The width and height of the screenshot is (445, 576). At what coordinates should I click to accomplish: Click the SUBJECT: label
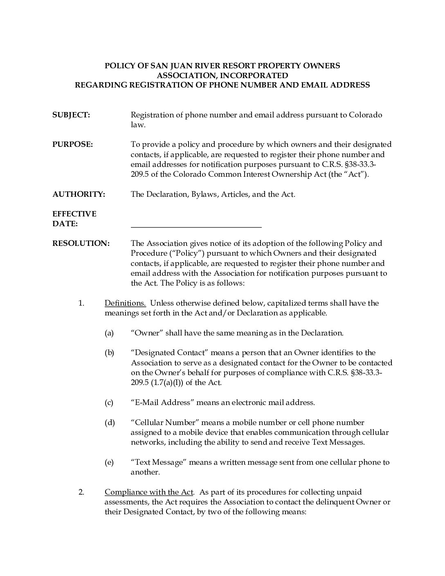pyautogui.click(x=71, y=115)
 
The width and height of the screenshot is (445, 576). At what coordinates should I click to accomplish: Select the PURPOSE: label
pyautogui.click(x=73, y=144)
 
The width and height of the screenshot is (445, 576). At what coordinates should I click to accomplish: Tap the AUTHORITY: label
pyautogui.click(x=79, y=194)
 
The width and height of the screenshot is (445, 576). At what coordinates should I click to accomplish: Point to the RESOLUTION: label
pyautogui.click(x=81, y=243)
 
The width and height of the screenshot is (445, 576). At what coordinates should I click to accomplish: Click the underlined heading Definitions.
pyautogui.click(x=125, y=303)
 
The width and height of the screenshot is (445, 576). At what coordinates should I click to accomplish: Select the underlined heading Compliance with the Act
pyautogui.click(x=149, y=492)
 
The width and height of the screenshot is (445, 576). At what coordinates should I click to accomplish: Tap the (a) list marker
pyautogui.click(x=109, y=333)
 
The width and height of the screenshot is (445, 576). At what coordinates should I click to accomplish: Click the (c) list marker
pyautogui.click(x=109, y=403)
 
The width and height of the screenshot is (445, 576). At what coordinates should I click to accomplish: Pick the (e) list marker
pyautogui.click(x=109, y=462)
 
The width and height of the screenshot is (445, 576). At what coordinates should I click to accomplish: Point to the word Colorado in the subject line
pyautogui.click(x=365, y=115)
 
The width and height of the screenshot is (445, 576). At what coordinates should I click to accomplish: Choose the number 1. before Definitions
pyautogui.click(x=81, y=303)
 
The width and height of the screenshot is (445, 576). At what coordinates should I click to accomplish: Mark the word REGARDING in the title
pyautogui.click(x=101, y=85)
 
